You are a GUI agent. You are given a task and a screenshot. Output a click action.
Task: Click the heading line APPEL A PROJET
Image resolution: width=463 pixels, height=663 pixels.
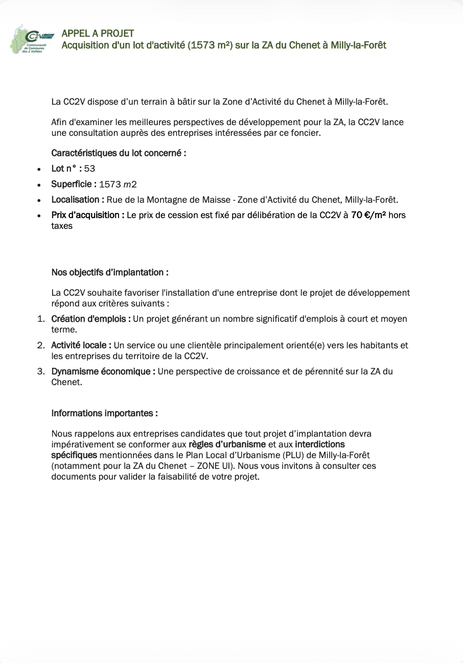point(98,34)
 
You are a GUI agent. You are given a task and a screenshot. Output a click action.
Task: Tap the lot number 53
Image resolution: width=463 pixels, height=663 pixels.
point(90,169)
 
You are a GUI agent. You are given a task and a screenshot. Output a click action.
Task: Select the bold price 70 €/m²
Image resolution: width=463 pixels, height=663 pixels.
point(368,215)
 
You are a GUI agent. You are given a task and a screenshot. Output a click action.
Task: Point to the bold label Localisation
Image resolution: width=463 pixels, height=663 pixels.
point(78,200)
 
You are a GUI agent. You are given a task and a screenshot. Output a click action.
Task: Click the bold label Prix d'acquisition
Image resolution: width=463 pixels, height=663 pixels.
point(87,215)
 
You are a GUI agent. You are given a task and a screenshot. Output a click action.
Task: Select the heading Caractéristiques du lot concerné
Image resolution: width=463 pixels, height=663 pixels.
point(119,153)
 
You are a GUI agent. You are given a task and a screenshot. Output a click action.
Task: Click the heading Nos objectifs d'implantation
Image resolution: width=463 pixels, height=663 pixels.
point(110,272)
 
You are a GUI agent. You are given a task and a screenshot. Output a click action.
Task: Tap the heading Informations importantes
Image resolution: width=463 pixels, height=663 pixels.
point(104,413)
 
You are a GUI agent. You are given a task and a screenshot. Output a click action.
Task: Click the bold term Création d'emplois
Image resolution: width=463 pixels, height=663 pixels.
point(90,319)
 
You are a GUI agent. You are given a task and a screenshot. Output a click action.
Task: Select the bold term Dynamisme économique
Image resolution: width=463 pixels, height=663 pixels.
point(103,371)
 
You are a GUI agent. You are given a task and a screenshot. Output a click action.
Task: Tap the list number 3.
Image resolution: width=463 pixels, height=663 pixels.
point(40,371)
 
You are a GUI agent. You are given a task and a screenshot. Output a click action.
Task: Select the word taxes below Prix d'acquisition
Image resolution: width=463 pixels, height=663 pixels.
point(62,226)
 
